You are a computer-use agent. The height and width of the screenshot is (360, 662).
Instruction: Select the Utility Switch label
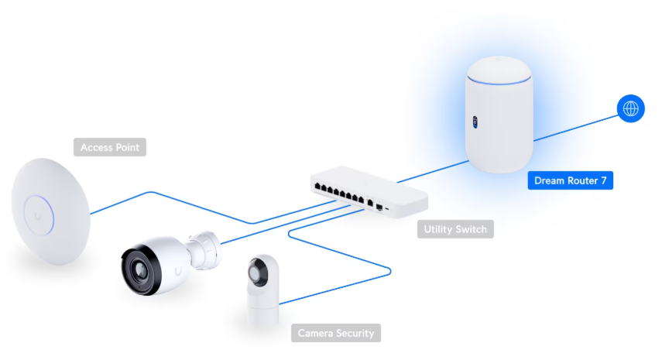454,229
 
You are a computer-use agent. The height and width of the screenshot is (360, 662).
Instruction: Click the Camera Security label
336,334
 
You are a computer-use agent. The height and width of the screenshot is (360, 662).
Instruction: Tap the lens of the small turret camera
256,273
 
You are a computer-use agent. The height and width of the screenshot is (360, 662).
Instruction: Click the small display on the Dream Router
473,122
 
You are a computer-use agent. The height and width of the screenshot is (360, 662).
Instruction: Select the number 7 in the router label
603,181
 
